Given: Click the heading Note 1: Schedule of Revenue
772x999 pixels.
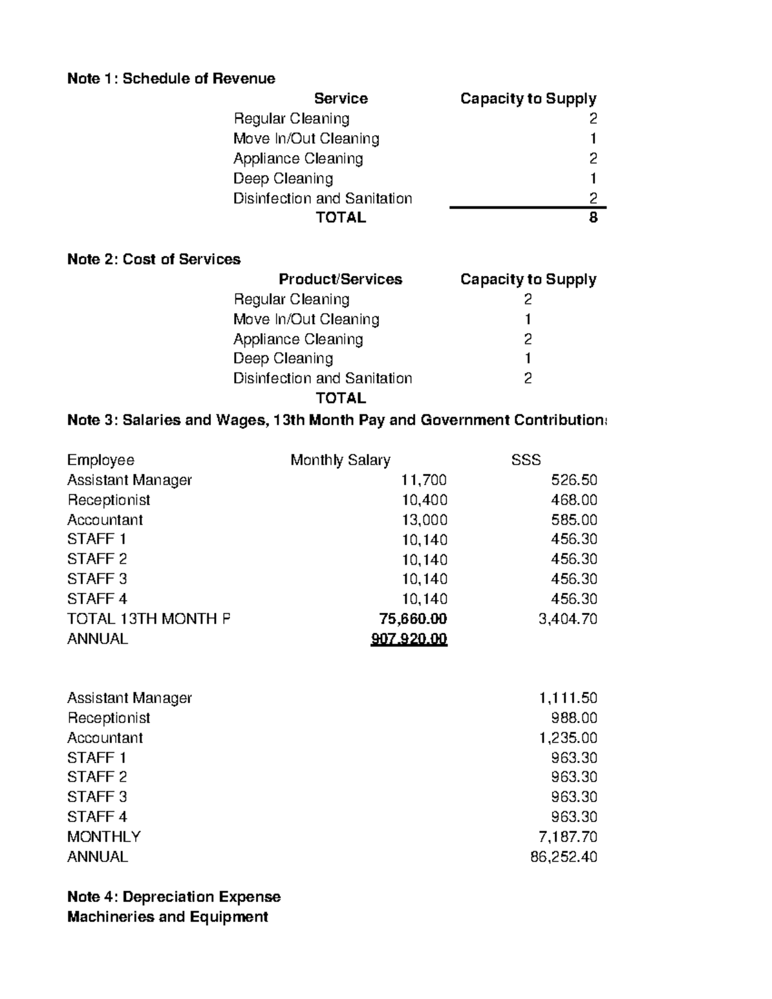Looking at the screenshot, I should [x=171, y=78].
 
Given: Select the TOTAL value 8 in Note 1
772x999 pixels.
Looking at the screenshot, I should [x=593, y=217].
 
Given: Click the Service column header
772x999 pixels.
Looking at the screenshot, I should [x=340, y=98].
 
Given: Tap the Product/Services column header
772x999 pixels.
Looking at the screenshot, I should [x=340, y=279].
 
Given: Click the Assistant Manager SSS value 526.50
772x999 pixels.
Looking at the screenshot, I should [x=574, y=480].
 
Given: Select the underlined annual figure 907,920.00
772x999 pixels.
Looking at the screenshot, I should [x=409, y=639].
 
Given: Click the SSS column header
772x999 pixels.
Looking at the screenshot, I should [x=526, y=460].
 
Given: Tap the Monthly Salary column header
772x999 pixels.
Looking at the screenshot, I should [x=340, y=460].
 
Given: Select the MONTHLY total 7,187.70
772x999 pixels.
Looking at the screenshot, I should [x=567, y=837].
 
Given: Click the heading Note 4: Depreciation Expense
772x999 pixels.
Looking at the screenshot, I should [x=174, y=897].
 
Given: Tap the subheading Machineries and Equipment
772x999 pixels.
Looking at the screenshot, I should [x=167, y=917].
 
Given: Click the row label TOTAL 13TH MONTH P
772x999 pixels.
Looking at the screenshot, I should [x=148, y=619].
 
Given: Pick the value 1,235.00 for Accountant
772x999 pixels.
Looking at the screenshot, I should [x=567, y=738].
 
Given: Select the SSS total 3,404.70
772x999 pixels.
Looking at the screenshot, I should [x=567, y=619].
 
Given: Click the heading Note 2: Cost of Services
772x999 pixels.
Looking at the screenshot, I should [x=154, y=259].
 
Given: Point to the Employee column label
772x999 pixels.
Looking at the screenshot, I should [x=100, y=460].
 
